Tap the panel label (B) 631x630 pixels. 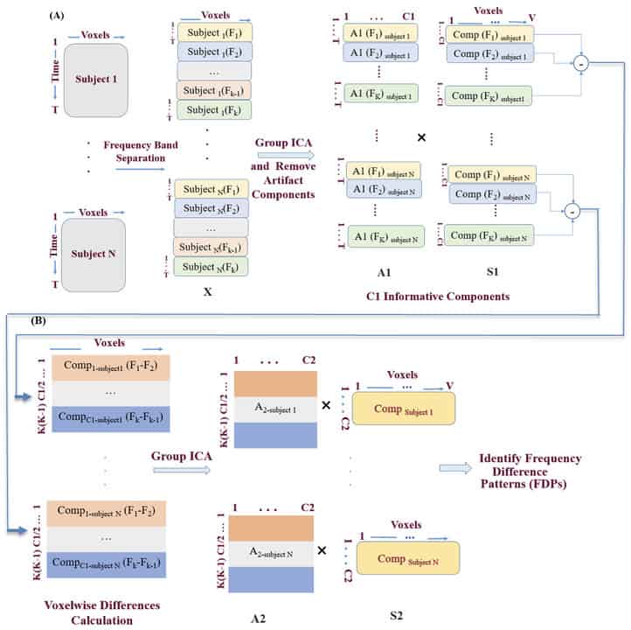[39, 322]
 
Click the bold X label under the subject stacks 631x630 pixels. [207, 291]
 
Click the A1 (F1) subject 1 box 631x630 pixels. [381, 33]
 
